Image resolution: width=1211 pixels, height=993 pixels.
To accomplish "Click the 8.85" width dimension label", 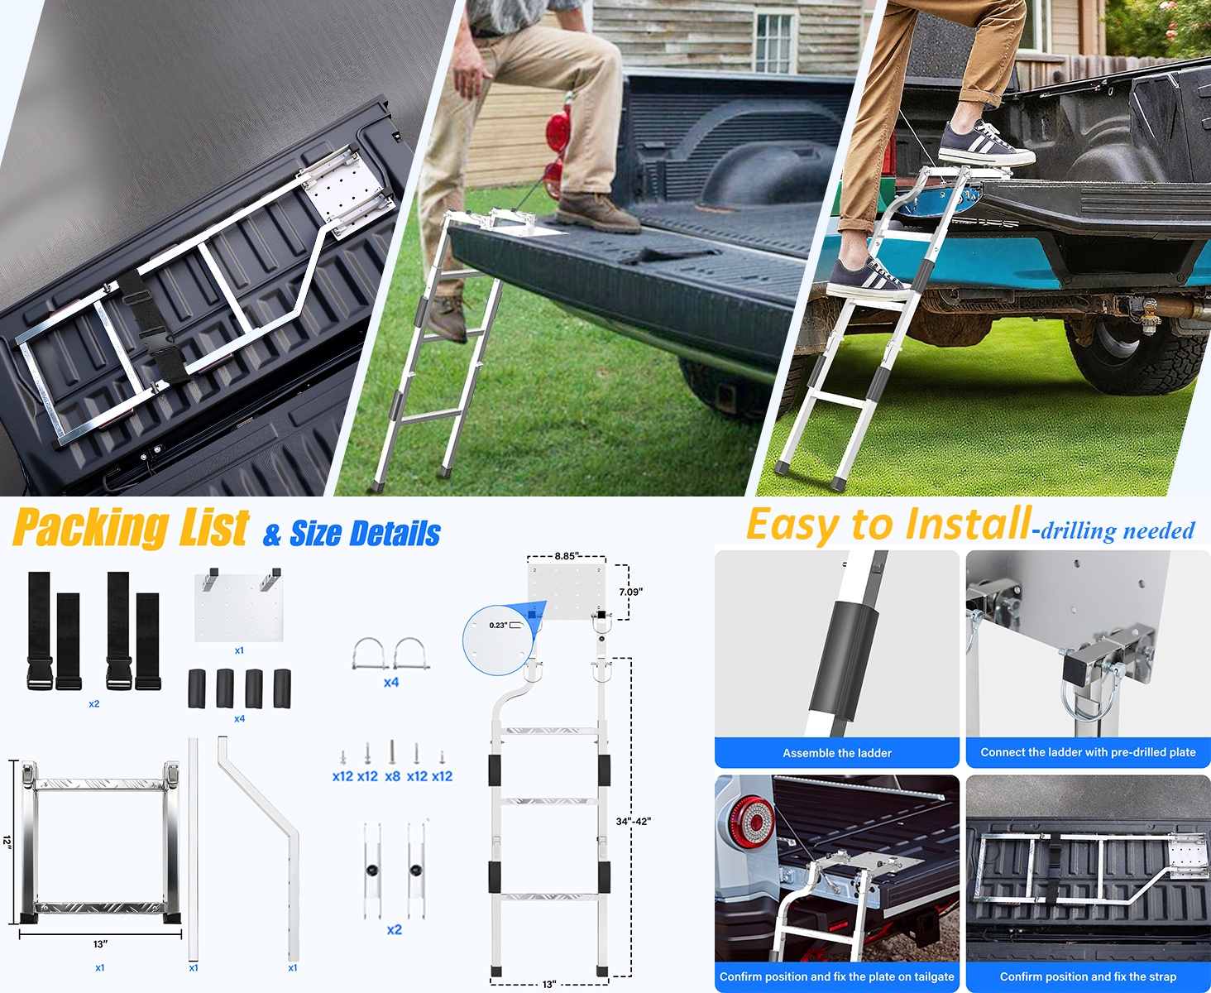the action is [x=566, y=556].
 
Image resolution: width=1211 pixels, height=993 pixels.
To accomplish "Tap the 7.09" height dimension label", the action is [x=630, y=592].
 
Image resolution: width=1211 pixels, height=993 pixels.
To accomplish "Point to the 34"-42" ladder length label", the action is [x=634, y=821].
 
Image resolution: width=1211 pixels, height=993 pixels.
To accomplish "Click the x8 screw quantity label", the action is [x=393, y=776].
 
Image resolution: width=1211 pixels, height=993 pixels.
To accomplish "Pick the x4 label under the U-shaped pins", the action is [x=391, y=683].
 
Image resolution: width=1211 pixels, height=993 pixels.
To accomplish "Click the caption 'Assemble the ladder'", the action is [x=836, y=753].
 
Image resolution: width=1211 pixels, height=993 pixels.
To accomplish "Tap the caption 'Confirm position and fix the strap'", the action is [x=1088, y=976].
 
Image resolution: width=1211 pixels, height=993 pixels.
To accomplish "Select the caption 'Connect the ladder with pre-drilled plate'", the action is [x=1088, y=752].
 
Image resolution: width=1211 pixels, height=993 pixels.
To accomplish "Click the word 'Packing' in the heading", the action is [x=92, y=527].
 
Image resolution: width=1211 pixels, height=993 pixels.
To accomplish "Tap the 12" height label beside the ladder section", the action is [x=7, y=842].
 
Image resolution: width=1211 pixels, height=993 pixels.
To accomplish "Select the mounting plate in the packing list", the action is [x=239, y=605].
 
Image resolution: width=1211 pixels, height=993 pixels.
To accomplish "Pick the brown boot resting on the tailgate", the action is [x=597, y=213].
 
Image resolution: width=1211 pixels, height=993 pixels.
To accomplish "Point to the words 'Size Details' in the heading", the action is [x=365, y=534].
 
